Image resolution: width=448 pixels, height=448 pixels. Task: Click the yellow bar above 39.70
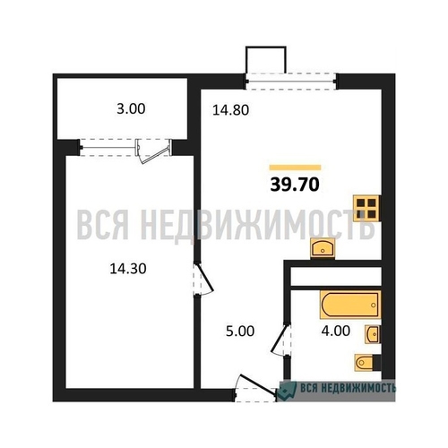click(295, 167)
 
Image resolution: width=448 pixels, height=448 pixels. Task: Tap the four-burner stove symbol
click(365, 209)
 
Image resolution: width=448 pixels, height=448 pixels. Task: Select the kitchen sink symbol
click(323, 248)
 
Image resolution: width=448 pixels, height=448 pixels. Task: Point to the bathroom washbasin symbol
click(372, 334)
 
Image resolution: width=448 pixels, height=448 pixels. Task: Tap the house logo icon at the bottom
click(288, 390)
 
